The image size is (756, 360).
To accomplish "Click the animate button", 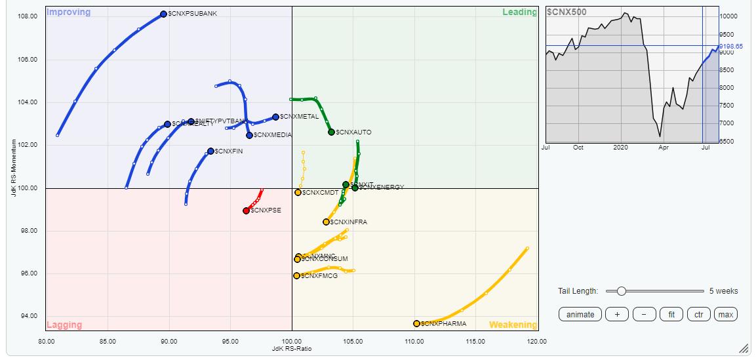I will [x=580, y=315].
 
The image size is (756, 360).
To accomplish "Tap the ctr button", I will [x=698, y=315].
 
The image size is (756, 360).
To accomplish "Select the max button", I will [x=725, y=315].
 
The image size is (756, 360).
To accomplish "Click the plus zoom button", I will [x=617, y=315].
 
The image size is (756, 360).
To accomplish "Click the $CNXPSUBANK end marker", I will [x=163, y=14].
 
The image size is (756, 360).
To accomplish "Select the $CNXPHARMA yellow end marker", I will [x=416, y=323].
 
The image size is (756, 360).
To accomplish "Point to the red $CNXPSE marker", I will [x=247, y=210].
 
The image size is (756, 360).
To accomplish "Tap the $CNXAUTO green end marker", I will [x=331, y=132].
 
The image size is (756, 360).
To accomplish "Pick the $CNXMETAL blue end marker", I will [x=275, y=117].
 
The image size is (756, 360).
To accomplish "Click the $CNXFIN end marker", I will [x=210, y=151].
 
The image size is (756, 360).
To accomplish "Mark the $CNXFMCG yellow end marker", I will [x=296, y=275].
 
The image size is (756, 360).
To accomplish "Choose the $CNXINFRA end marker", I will [x=326, y=222].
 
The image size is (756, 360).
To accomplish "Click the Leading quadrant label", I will [x=519, y=12].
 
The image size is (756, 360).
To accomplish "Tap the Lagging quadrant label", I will [x=64, y=325].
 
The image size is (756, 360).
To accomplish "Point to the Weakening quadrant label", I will [x=512, y=325].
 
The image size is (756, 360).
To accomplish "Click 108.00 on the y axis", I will [x=28, y=16].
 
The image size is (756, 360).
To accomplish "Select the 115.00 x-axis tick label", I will [x=475, y=341].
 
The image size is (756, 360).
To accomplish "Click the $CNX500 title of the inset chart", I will [x=567, y=12].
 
